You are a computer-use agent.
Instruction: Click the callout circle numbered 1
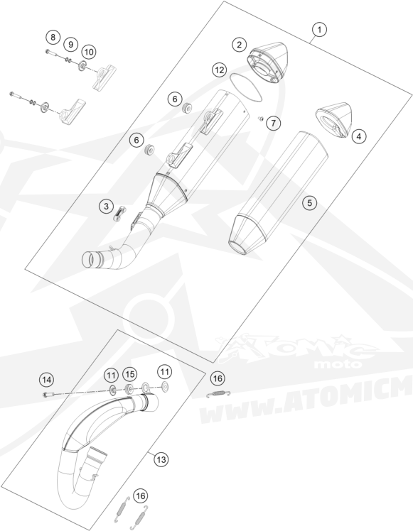click(319, 30)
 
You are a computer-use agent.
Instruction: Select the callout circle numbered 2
click(240, 44)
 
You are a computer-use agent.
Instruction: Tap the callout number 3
click(107, 207)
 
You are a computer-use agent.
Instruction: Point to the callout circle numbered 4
click(359, 136)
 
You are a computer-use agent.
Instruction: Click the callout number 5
click(309, 203)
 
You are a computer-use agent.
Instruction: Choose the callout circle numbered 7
click(274, 123)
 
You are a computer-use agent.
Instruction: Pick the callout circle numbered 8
click(53, 37)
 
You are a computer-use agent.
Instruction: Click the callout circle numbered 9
click(70, 44)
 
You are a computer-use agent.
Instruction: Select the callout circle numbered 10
click(88, 52)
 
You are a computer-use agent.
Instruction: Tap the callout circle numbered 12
click(220, 70)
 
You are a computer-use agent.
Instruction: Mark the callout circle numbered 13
click(161, 459)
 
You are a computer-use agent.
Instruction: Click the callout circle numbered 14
click(47, 380)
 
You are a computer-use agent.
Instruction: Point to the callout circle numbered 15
click(129, 374)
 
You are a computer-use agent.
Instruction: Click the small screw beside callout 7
click(261, 119)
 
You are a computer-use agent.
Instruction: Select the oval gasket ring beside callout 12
click(246, 87)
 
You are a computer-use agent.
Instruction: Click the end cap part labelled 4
click(334, 121)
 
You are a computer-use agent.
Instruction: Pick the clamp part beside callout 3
click(120, 214)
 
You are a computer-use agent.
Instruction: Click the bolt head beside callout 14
click(45, 395)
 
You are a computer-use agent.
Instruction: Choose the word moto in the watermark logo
click(338, 365)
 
